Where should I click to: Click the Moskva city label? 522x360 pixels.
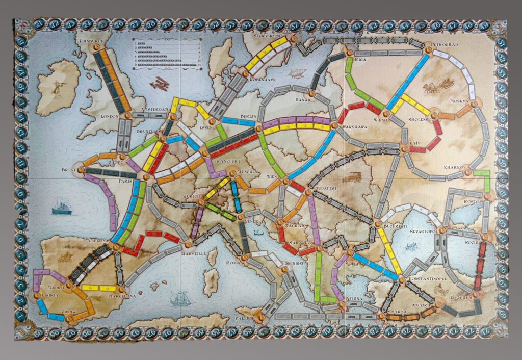(x=459, y=101)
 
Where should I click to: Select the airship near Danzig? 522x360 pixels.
(x=297, y=73)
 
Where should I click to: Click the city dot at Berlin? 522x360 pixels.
(x=260, y=124)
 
